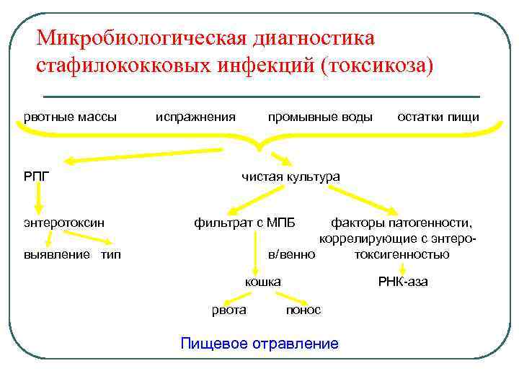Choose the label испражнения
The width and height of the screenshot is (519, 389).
[x=196, y=117]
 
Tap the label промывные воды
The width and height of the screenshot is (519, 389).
[x=320, y=117]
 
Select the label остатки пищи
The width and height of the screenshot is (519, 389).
[x=438, y=117]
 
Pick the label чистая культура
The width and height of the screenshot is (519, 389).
[x=290, y=176]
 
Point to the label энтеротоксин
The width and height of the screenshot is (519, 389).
[x=63, y=223]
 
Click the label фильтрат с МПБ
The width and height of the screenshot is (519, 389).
[x=244, y=223]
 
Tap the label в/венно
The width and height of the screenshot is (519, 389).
[x=291, y=254]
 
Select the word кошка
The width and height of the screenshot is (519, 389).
[x=262, y=282]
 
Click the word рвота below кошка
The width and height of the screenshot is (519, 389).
[x=229, y=310]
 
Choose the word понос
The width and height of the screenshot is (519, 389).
[x=303, y=310]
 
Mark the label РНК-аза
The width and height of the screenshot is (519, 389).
[x=403, y=282]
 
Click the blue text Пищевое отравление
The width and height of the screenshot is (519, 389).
[x=259, y=344]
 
